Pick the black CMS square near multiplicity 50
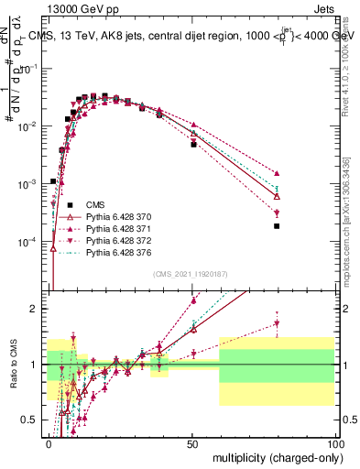pos(193,145)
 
